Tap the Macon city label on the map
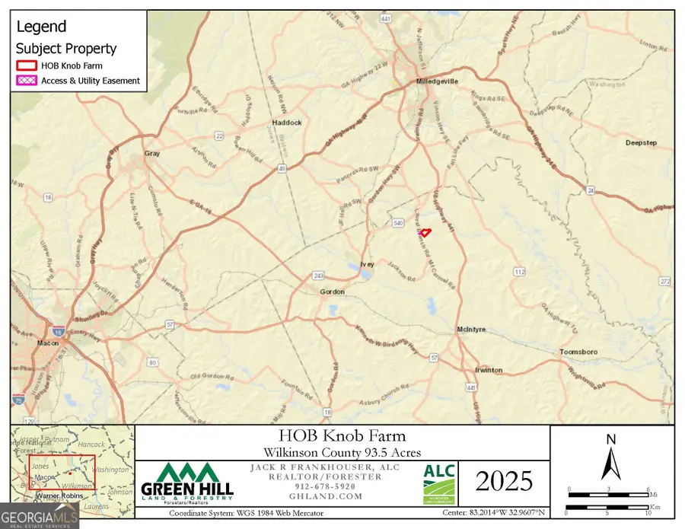pyautogui.click(x=49, y=343)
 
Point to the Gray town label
pyautogui.click(x=151, y=153)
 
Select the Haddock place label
pyautogui.click(x=288, y=122)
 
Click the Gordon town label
pyautogui.click(x=332, y=292)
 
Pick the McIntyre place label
pyautogui.click(x=472, y=330)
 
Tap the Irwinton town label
pyautogui.click(x=488, y=370)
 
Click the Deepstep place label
pyautogui.click(x=640, y=142)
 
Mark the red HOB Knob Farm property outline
pyautogui.click(x=425, y=232)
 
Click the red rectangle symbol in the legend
pyautogui.click(x=27, y=65)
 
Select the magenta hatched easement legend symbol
pyautogui.click(x=27, y=81)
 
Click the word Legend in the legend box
pyautogui.click(x=42, y=27)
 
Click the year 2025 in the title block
pyautogui.click(x=502, y=481)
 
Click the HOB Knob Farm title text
pyautogui.click(x=342, y=436)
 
